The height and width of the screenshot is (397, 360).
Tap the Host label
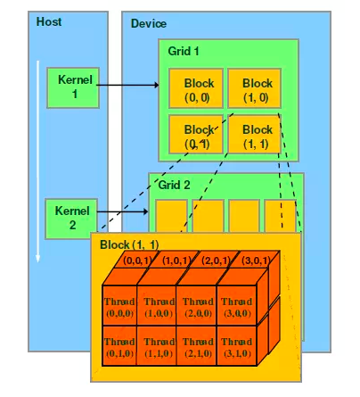coord(49,21)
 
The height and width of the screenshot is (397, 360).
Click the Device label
coord(148,23)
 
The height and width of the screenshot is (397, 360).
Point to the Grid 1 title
coord(185,52)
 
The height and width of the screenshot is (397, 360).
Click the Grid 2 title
coord(175,186)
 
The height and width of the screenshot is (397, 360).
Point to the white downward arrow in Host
coord(38,161)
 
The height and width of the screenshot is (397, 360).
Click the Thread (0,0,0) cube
coord(119,307)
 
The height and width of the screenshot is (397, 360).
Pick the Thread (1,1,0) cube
coord(158,347)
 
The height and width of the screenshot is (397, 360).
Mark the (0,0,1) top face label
coord(139,261)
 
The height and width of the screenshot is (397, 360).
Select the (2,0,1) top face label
coord(217,261)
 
